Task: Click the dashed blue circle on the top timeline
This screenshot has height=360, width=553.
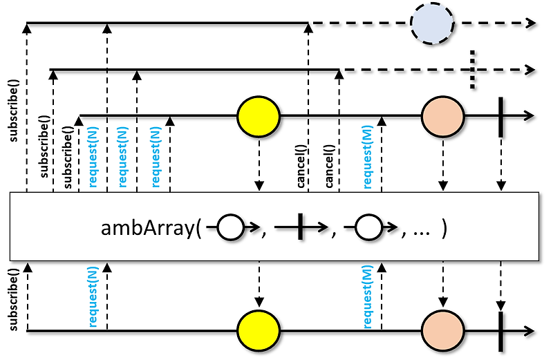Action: coord(433,23)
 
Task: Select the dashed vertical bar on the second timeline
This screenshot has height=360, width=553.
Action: coord(472,69)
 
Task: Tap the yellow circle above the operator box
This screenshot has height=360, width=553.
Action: coord(258,115)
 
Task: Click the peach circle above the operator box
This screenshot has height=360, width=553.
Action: coord(442,115)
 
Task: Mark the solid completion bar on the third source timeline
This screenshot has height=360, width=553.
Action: coord(500,115)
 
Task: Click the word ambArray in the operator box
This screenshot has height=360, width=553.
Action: coord(147,228)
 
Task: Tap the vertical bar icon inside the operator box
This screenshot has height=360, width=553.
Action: coord(300,227)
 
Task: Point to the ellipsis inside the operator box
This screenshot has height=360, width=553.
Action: coord(420,229)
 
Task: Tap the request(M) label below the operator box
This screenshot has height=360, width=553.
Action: coord(368,299)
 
